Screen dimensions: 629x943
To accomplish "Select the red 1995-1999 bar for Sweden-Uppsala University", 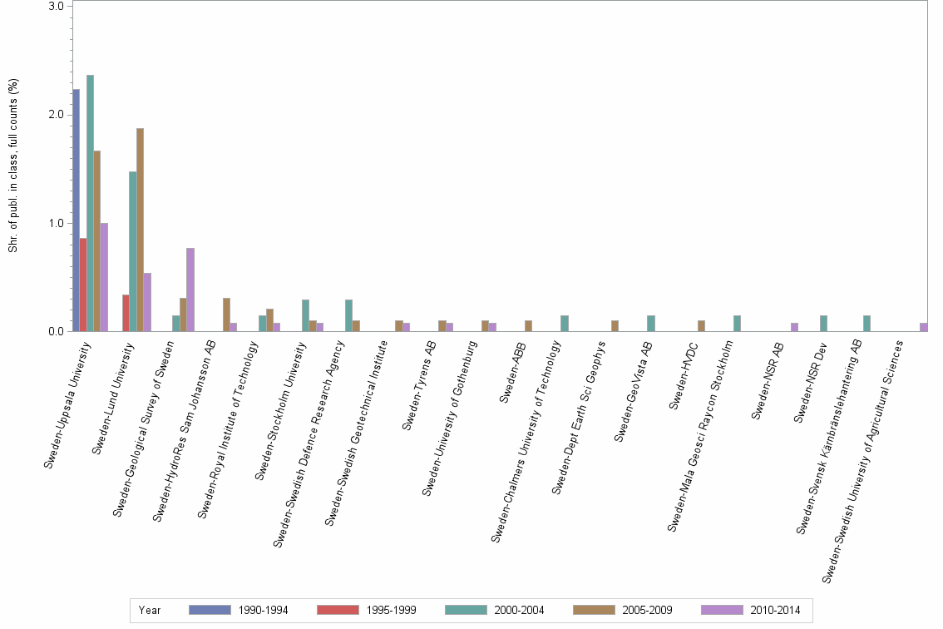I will [x=83, y=285].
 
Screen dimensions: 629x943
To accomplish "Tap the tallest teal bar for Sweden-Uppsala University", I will [x=90, y=203].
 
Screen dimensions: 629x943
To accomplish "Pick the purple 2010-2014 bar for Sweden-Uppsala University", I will [x=104, y=277].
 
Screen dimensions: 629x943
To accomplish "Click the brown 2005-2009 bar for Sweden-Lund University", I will [x=141, y=230].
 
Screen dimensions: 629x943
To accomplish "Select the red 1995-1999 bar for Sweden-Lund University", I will [x=126, y=314].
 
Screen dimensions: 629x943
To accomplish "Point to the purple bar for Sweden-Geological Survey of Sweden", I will [x=190, y=290].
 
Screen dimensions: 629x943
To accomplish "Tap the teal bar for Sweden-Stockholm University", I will [x=305, y=315].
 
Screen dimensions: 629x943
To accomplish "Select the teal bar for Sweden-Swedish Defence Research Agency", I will [x=348, y=315].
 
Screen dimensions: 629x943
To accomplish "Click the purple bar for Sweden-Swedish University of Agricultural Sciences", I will [x=924, y=327].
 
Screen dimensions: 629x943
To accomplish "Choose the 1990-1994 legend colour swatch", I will [x=210, y=611].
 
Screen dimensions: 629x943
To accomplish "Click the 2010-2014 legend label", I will [x=774, y=611].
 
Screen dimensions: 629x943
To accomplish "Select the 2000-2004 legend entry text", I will [x=518, y=611].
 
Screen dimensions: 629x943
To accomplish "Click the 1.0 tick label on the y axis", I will [x=57, y=223].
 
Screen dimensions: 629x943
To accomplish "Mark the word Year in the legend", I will [x=150, y=611].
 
